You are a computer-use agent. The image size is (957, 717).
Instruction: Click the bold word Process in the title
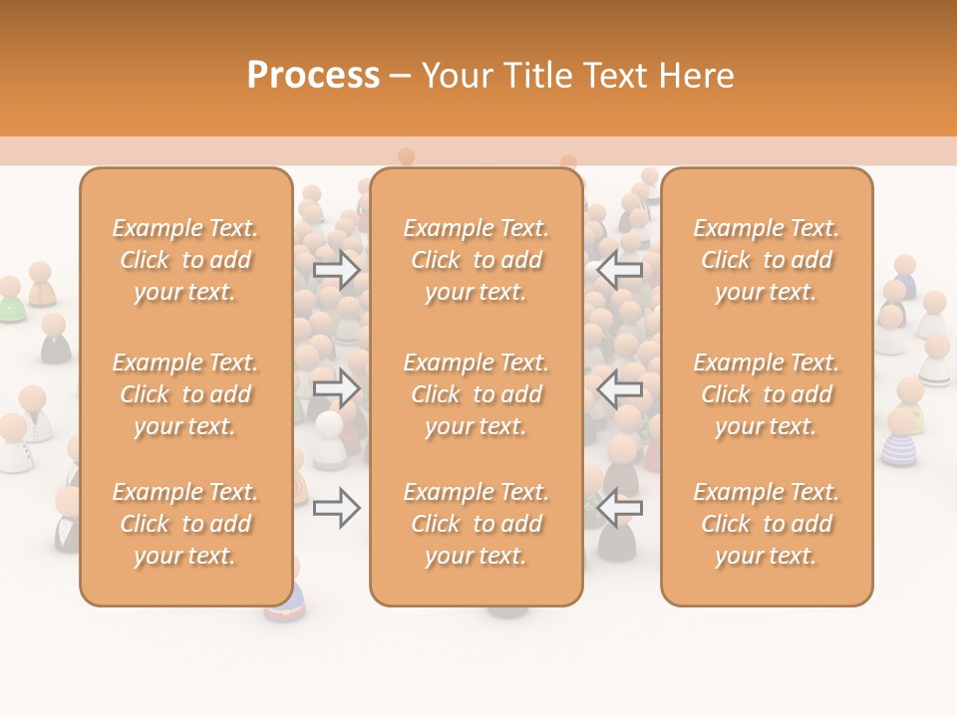point(313,76)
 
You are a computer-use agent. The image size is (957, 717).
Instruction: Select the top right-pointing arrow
point(336,270)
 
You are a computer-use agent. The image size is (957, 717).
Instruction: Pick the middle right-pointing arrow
point(336,388)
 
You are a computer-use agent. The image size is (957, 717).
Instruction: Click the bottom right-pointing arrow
point(336,508)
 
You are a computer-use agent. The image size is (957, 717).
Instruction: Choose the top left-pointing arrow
point(620,270)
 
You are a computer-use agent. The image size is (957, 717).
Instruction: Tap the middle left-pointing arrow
point(620,388)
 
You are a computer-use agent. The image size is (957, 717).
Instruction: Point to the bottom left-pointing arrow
point(620,508)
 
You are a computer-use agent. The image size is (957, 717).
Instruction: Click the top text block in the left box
point(185,260)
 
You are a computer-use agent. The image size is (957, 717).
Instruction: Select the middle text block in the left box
point(185,394)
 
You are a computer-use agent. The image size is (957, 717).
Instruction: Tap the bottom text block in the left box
point(185,524)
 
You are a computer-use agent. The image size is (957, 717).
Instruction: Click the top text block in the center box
point(477,260)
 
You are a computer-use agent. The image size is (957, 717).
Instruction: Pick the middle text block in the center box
point(477,394)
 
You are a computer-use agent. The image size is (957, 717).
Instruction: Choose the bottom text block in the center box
point(477,524)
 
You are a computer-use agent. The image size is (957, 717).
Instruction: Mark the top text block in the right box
point(767,260)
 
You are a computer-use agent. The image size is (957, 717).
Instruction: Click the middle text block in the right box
point(767,394)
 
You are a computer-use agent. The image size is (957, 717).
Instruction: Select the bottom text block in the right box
point(767,524)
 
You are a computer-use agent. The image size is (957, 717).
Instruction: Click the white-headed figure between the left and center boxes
point(329,438)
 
